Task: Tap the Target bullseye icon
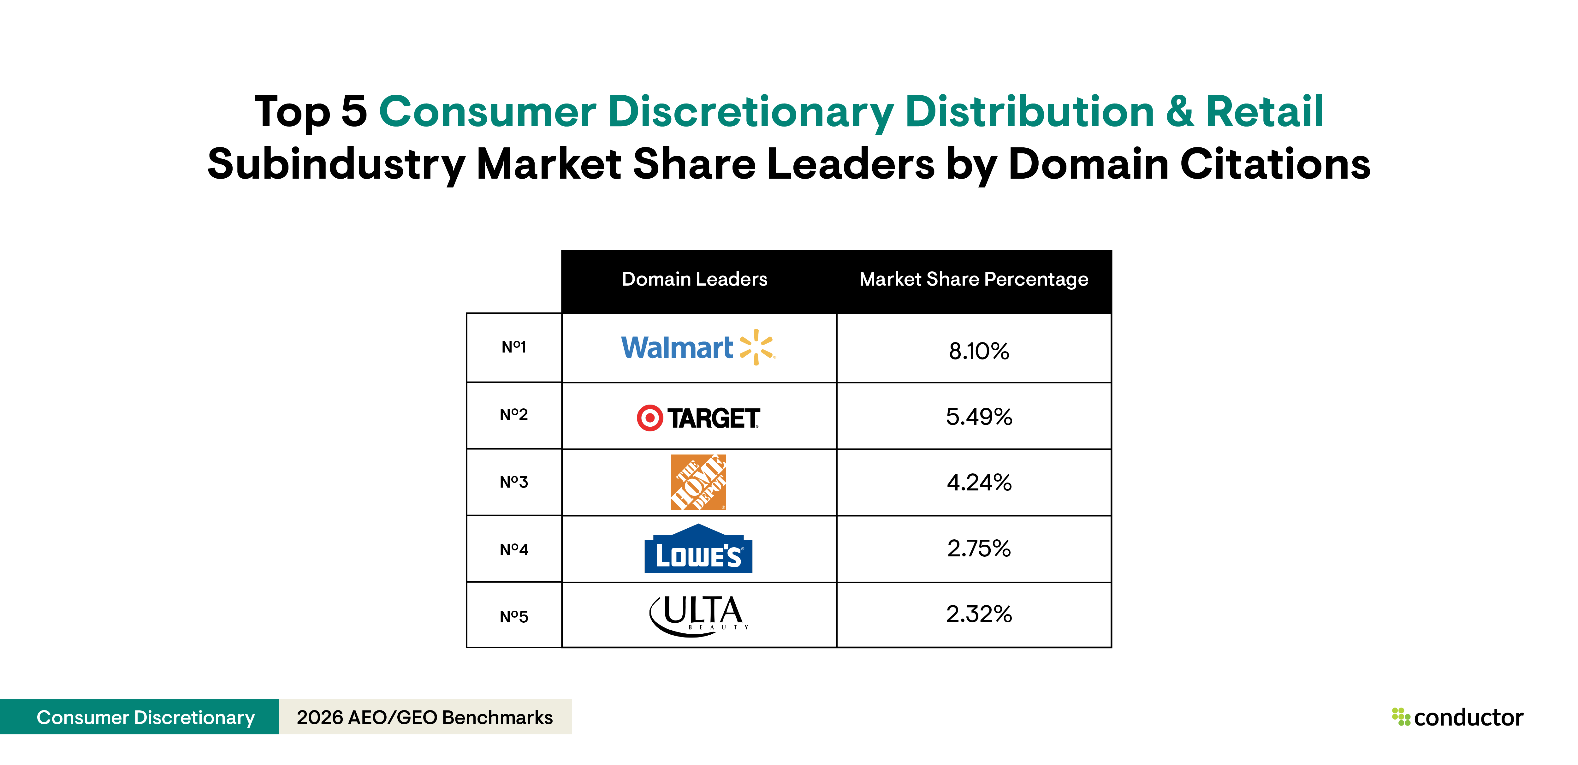[x=649, y=418]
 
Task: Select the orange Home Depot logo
[x=698, y=482]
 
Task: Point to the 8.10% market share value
[x=978, y=351]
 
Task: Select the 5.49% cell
[x=978, y=417]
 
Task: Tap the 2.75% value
[x=978, y=548]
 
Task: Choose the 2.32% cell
[x=978, y=614]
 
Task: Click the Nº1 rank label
[x=513, y=347]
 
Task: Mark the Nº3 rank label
[x=513, y=482]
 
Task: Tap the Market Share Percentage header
[x=973, y=279]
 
